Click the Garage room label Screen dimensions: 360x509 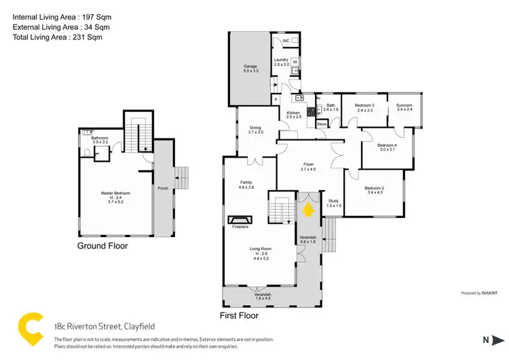(250, 69)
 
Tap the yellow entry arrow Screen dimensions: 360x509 (309, 210)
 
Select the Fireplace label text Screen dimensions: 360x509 (240, 228)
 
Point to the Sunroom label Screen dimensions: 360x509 (404, 107)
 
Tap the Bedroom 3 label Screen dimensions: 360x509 (365, 107)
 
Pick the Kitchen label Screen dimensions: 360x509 (293, 115)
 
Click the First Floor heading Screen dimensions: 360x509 (239, 315)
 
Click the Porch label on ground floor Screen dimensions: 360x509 (163, 188)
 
